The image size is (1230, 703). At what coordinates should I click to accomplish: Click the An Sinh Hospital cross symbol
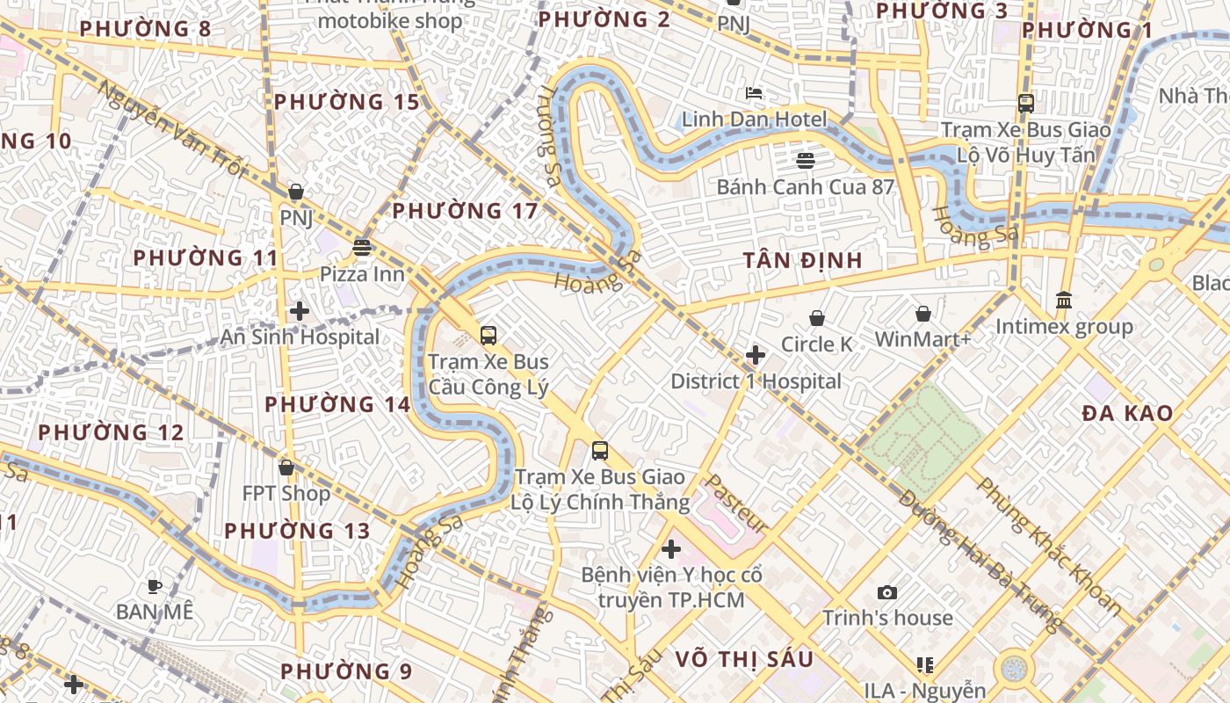pyautogui.click(x=300, y=310)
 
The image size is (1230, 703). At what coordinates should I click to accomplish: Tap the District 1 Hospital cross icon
pyautogui.click(x=755, y=355)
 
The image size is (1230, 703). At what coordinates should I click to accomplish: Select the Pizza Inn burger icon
pyautogui.click(x=361, y=247)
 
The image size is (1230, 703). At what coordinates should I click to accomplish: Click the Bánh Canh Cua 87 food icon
pyautogui.click(x=805, y=160)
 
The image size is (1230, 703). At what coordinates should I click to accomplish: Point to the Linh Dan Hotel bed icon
pyautogui.click(x=754, y=92)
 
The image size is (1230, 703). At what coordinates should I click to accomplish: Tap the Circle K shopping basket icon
pyautogui.click(x=817, y=317)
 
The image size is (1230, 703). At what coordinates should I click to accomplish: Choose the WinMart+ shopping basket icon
pyautogui.click(x=923, y=313)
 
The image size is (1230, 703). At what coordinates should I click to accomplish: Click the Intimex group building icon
pyautogui.click(x=1064, y=301)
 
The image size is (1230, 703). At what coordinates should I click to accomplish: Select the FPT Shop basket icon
pyautogui.click(x=286, y=467)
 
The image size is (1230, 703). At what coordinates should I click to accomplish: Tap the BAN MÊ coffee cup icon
pyautogui.click(x=155, y=585)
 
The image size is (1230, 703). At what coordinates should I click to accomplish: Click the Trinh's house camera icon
pyautogui.click(x=887, y=592)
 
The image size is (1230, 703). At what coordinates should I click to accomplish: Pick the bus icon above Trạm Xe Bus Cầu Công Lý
pyautogui.click(x=488, y=335)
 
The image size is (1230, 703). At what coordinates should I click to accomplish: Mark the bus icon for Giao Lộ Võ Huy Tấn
pyautogui.click(x=1025, y=103)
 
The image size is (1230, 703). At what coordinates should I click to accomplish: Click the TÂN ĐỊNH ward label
pyautogui.click(x=802, y=261)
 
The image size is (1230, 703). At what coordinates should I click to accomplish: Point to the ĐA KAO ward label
pyautogui.click(x=1127, y=413)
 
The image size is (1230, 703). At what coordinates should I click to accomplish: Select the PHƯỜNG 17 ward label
pyautogui.click(x=465, y=211)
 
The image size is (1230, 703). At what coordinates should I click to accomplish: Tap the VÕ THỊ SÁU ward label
pyautogui.click(x=744, y=659)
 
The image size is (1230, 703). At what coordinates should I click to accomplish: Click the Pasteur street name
pyautogui.click(x=736, y=504)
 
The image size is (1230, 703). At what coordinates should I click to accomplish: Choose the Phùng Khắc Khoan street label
pyautogui.click(x=1049, y=546)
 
